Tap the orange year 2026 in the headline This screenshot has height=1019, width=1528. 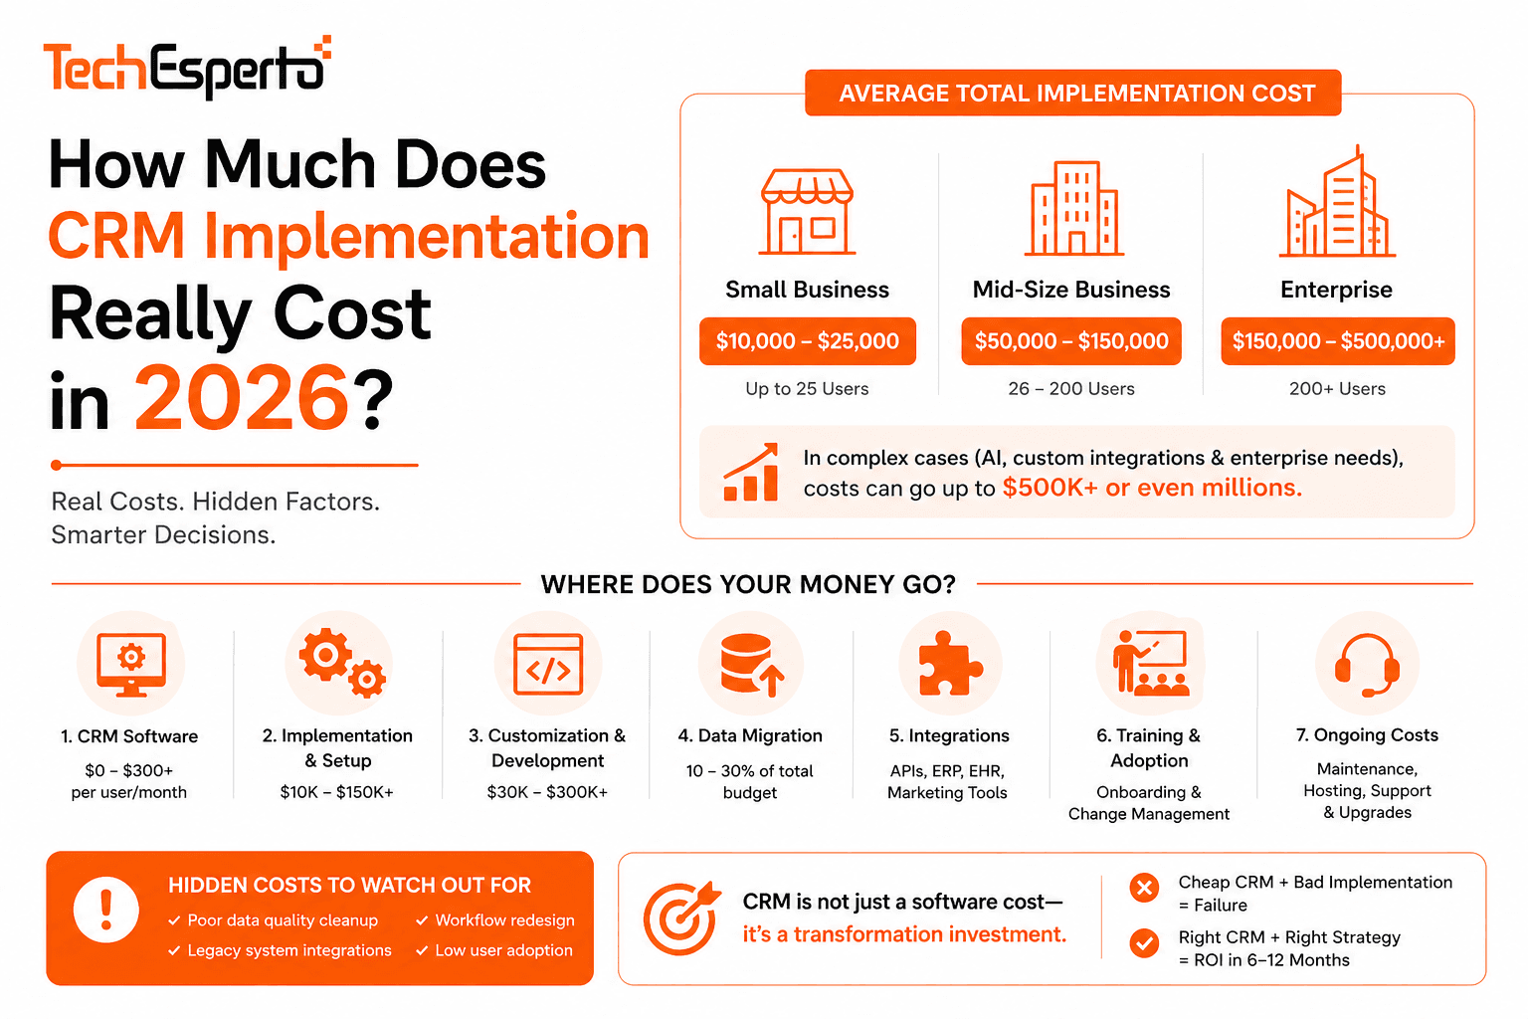point(242,398)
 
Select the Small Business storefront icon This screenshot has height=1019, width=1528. point(807,212)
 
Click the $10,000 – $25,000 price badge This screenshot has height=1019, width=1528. point(807,341)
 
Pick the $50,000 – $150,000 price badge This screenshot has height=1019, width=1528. point(1071,341)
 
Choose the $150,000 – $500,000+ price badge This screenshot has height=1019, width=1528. point(1337,341)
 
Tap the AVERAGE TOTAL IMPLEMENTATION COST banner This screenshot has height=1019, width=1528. point(1072,94)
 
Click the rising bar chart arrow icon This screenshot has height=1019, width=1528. point(751,473)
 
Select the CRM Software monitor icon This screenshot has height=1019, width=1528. point(130,665)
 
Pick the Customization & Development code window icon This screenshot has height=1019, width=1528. point(548,665)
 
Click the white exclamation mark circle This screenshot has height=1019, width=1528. point(106,910)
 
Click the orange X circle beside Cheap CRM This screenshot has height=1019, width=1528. point(1145,888)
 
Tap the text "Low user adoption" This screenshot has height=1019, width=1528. point(503,950)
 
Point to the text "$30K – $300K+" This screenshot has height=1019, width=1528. point(547,792)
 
